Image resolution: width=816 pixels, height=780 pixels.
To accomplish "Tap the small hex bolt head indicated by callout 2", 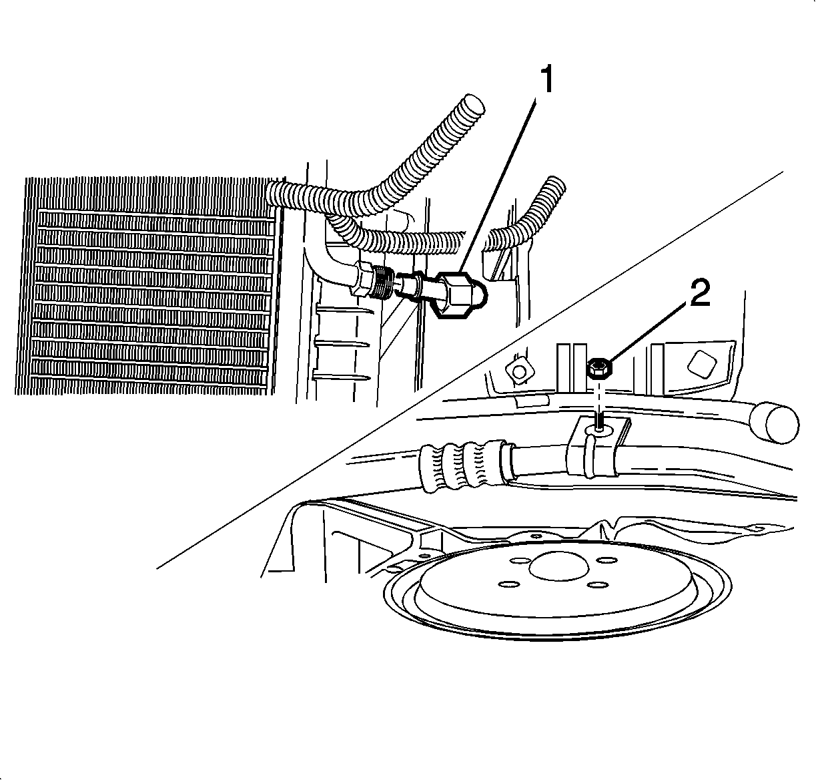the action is coord(600,367).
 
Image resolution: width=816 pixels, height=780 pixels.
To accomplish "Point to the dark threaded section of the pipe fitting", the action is coord(381,284).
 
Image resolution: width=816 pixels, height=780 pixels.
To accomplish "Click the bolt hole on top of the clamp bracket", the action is coord(600,429).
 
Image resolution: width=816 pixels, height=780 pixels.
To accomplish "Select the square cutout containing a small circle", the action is coord(519,370).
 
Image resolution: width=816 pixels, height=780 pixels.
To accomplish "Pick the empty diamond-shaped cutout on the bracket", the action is coord(702,363).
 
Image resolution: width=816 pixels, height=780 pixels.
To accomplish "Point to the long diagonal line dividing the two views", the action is coord(470,370).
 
